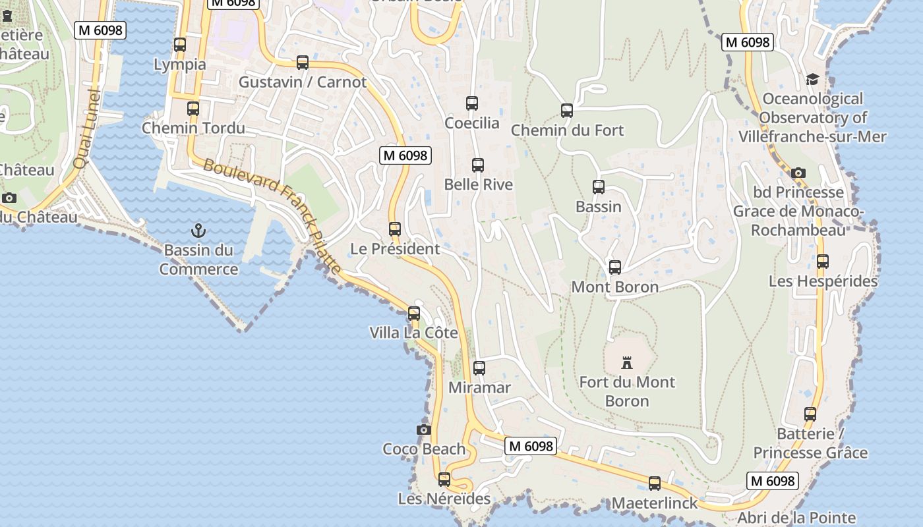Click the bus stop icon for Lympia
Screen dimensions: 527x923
coord(179,45)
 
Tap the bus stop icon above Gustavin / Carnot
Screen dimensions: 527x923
coord(303,63)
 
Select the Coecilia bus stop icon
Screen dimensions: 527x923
coord(472,103)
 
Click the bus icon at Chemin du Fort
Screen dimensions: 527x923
coord(567,111)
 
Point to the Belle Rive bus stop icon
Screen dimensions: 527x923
coord(478,165)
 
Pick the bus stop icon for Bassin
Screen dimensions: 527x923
coord(599,187)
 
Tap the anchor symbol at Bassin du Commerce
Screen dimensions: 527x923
coord(198,231)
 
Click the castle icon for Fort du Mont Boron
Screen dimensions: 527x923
coord(627,362)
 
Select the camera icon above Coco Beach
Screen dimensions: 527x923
coord(424,430)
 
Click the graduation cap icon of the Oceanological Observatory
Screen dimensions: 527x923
coord(812,80)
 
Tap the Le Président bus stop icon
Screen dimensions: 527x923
coord(395,229)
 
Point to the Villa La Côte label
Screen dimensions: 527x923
coord(413,333)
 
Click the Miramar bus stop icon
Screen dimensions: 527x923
coord(479,368)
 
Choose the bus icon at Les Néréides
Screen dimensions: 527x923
coord(444,480)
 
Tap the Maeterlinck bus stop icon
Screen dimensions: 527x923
coord(655,484)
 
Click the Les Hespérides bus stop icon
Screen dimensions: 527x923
coord(823,262)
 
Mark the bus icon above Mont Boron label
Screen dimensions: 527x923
coord(615,267)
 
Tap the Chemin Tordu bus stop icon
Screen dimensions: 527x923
coord(193,109)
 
